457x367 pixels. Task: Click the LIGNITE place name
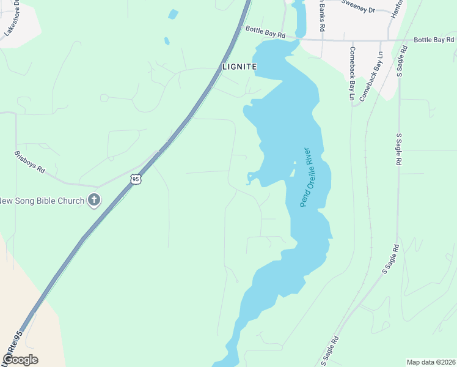239,66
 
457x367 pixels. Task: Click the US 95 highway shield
136,179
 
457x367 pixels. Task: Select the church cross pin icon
94,200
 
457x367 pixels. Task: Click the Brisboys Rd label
30,161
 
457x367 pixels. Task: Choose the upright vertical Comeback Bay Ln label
352,73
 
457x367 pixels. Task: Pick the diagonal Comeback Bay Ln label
371,75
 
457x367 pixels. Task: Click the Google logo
20,360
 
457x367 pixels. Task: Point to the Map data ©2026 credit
431,361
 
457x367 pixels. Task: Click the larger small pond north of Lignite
174,13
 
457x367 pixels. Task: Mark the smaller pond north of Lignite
166,41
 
